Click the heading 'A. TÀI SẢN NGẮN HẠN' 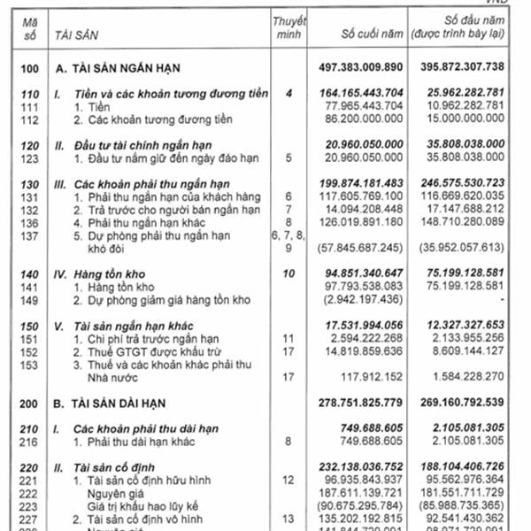pyautogui.click(x=123, y=67)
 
